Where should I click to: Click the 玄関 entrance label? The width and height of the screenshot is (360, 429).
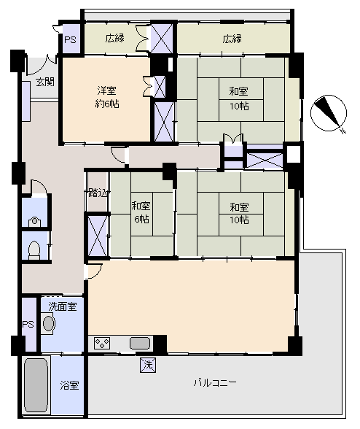coord(45,82)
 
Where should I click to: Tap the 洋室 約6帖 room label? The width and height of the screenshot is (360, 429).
coord(107,97)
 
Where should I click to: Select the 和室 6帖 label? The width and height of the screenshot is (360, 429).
coord(141,212)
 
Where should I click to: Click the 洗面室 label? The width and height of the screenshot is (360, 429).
coord(63,306)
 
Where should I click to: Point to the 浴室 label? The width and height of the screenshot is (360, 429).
coord(69,385)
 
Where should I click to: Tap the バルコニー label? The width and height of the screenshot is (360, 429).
coord(215,382)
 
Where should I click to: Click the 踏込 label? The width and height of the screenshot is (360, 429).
coord(98,193)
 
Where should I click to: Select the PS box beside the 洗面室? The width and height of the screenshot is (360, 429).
coord(28,325)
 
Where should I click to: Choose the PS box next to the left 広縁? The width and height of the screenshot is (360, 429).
coord(71,39)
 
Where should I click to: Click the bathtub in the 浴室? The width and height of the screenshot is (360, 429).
coord(36,385)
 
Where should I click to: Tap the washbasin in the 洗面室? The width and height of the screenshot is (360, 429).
coord(49,323)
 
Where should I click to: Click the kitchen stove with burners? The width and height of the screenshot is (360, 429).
coord(102,343)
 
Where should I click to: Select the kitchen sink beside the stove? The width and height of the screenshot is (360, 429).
coord(140,344)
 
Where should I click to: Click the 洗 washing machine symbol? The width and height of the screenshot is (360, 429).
coord(148,365)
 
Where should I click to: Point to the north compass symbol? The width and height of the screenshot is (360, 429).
coord(329,113)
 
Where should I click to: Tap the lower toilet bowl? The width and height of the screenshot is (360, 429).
coord(34,250)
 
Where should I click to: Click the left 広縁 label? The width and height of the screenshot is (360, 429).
coord(115,38)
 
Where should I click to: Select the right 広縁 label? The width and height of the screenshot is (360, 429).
coord(232,39)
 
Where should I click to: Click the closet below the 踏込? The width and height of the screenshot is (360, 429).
coord(98,236)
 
